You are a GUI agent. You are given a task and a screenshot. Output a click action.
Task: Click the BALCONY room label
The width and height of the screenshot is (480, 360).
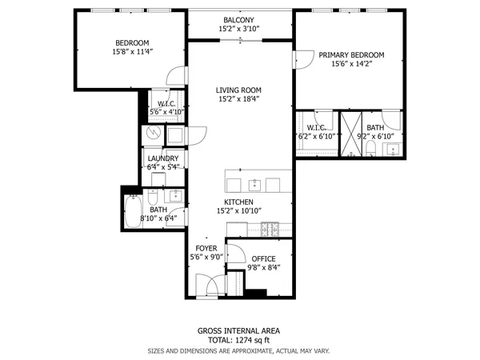(x=239, y=20)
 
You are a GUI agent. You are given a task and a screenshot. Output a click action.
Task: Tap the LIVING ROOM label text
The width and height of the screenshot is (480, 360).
(x=239, y=90)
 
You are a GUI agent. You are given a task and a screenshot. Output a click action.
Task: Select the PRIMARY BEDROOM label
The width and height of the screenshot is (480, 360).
(x=351, y=55)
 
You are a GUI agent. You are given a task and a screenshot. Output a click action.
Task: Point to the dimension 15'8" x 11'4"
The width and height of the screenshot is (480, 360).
(x=134, y=51)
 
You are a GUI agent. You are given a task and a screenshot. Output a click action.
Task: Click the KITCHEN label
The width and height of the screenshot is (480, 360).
(x=239, y=202)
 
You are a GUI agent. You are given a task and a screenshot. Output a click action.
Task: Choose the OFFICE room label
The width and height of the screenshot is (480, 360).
(x=263, y=259)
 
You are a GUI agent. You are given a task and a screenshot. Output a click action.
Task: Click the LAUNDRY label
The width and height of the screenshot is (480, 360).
(x=164, y=158)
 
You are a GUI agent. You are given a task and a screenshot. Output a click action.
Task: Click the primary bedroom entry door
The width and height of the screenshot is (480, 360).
(x=302, y=60)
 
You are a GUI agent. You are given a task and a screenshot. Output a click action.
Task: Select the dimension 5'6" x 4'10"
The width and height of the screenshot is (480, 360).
(x=167, y=112)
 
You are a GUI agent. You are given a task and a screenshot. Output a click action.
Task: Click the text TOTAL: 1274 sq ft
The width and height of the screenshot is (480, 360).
(x=239, y=340)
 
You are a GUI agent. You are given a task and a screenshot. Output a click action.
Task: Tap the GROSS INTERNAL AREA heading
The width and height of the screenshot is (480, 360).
(x=239, y=330)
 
